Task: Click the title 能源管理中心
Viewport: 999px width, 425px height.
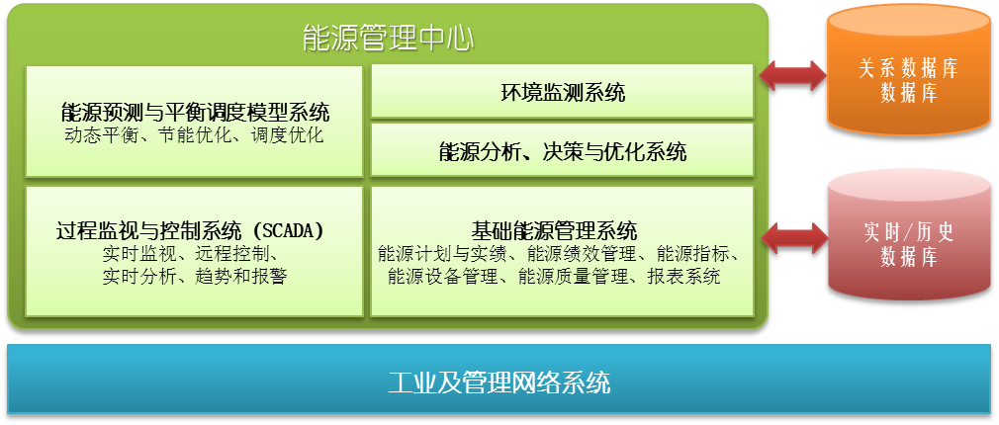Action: [388, 39]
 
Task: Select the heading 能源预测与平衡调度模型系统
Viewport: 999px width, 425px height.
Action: [194, 113]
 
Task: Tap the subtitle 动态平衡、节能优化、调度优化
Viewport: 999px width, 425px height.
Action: [194, 135]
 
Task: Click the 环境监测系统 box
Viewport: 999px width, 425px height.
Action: [562, 91]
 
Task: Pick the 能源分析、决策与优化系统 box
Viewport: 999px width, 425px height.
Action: [562, 149]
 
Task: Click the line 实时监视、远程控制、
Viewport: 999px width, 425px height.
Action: [190, 254]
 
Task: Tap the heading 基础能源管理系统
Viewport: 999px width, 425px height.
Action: [554, 229]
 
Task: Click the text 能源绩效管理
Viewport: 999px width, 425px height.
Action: [582, 254]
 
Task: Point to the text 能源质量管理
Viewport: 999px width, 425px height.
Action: [574, 277]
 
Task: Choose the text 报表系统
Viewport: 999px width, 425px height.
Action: [683, 277]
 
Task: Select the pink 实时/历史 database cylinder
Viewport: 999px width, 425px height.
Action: [909, 235]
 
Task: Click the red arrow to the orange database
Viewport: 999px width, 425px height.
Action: [791, 75]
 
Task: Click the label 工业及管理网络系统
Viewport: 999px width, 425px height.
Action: [499, 383]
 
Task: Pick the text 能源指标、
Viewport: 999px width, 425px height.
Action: [697, 254]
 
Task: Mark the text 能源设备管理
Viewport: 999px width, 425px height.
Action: [442, 277]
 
